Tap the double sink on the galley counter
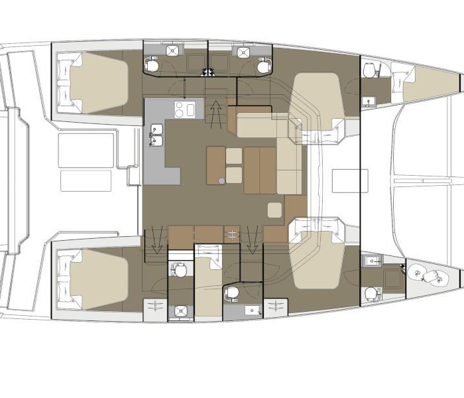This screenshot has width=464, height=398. coord(157,135)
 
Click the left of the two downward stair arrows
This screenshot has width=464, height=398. coord(156,239)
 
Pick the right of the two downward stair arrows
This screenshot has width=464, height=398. coord(252,239)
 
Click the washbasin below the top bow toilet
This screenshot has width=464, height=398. coord(369,101)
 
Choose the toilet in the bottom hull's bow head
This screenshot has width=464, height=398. coord(371,293)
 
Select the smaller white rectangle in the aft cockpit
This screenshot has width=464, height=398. coord(86,181)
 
